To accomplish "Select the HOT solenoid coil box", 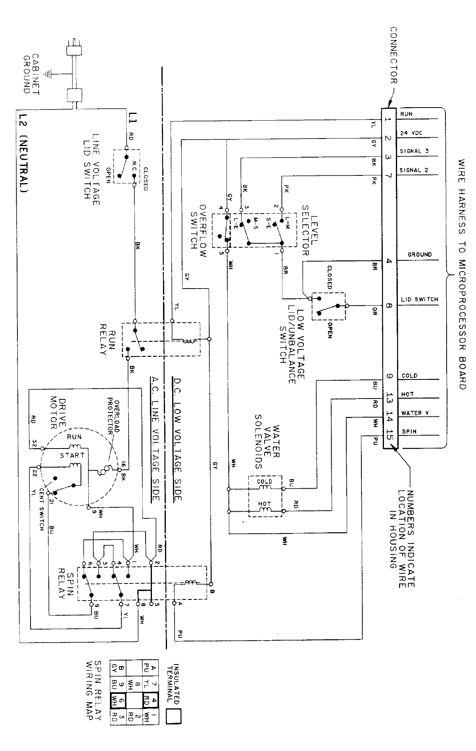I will click(265, 508).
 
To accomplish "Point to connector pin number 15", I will click(390, 436).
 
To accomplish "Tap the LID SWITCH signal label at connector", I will click(419, 299).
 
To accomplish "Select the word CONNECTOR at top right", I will click(393, 56).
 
